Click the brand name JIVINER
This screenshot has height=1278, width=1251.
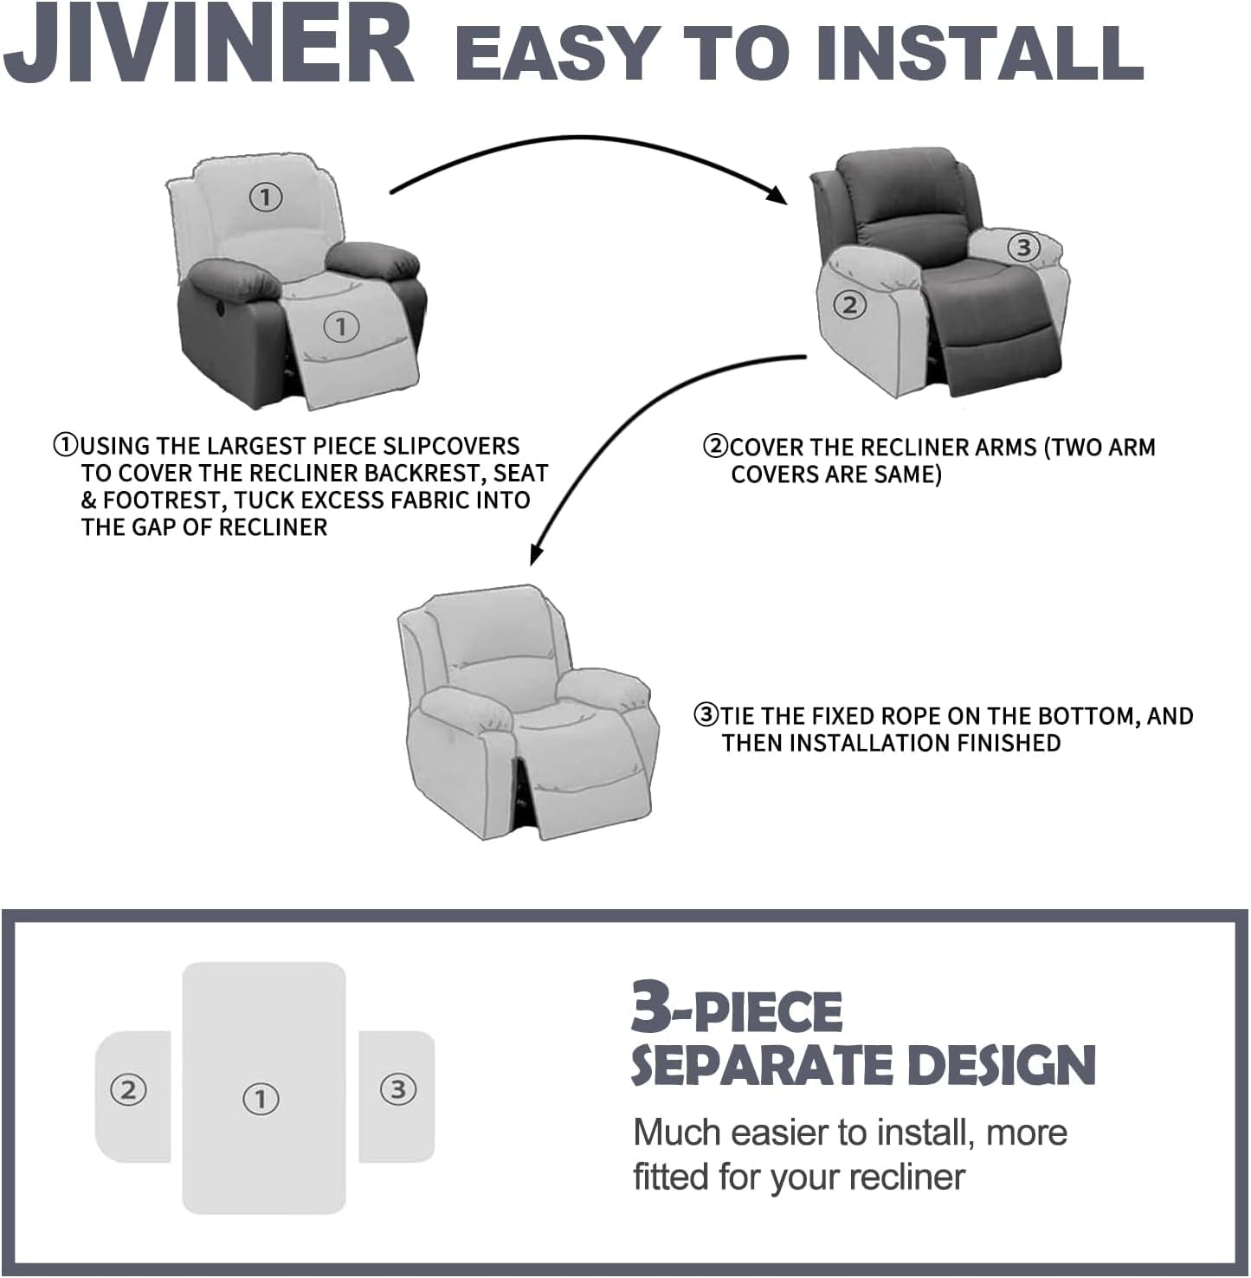(208, 45)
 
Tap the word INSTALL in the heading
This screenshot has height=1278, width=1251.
(978, 52)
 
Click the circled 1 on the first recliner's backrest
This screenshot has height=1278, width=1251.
(266, 197)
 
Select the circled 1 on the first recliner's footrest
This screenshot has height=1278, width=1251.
(341, 326)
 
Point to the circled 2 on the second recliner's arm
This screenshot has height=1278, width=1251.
(849, 305)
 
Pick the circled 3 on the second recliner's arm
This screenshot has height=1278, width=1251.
(1023, 248)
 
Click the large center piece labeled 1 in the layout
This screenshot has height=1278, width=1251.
(263, 1087)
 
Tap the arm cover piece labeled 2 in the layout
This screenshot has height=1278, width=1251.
(132, 1094)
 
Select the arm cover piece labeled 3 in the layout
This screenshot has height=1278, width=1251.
(397, 1094)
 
